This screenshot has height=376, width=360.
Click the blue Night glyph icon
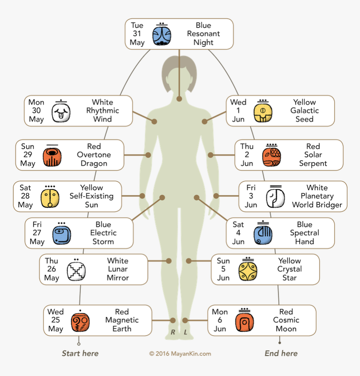pos(162,35)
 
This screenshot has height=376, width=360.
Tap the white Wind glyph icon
pos(61,113)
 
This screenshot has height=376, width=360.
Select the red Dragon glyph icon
pos(52,156)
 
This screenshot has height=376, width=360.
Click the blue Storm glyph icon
pos(62,235)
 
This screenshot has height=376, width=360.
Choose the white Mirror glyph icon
pos(76,271)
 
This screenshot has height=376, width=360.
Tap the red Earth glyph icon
pos(80,322)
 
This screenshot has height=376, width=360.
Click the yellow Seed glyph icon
pos(262,113)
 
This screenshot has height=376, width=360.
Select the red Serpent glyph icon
pos(272,156)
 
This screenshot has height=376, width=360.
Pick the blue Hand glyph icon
pos(263,235)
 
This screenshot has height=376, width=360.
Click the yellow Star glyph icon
pos(248,271)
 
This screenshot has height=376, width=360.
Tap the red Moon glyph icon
pos(244,322)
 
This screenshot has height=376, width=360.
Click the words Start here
pos(80,353)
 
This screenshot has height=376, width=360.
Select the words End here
pos(281,353)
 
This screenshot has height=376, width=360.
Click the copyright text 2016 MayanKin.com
pos(180,354)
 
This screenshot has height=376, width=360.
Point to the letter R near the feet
pos(172,333)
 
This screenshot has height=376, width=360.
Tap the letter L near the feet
pos(186,333)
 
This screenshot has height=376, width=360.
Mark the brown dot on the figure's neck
pos(179,99)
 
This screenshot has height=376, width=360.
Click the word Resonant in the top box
pos(203,34)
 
